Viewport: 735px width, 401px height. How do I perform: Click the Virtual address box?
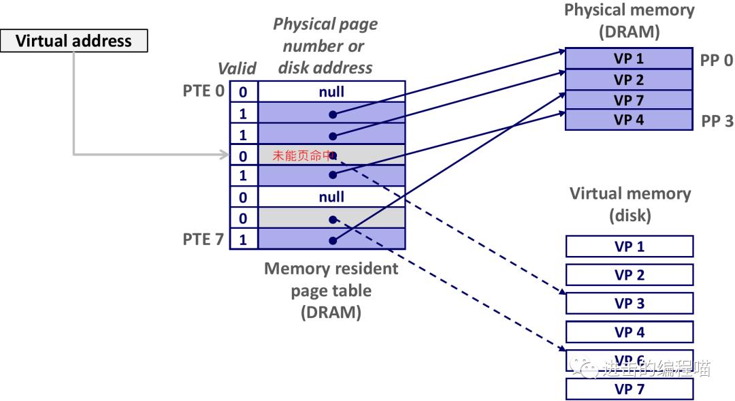(73, 41)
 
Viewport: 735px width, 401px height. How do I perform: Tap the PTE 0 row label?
(203, 91)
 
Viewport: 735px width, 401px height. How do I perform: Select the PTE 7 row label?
(203, 239)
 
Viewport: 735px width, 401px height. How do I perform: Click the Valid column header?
(237, 68)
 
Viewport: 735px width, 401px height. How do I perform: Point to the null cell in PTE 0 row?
(331, 91)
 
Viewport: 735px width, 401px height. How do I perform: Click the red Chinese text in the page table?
(300, 155)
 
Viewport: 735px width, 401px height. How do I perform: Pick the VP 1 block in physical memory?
(629, 59)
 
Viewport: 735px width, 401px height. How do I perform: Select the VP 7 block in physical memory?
(629, 100)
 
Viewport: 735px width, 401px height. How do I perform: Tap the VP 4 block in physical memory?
(629, 120)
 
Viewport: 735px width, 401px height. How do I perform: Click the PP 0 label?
(717, 60)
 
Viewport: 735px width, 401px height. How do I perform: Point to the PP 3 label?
(717, 121)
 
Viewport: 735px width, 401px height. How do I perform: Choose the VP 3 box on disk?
(629, 303)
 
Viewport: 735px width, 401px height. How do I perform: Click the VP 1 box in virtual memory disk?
(629, 246)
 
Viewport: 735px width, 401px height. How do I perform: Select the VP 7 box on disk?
(629, 389)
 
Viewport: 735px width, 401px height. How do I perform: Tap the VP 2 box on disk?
(629, 274)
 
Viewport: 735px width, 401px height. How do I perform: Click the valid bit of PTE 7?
(243, 240)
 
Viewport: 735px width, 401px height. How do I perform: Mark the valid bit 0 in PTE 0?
(243, 92)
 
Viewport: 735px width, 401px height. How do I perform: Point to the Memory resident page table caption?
(331, 290)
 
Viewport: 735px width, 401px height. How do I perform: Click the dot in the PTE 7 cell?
(333, 240)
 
